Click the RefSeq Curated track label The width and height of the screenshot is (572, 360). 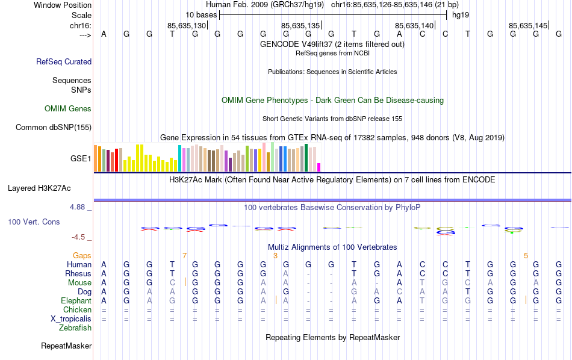click(64, 61)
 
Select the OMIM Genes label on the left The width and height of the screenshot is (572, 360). click(68, 108)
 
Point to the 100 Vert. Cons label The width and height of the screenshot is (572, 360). click(34, 222)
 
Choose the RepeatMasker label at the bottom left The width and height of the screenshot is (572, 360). click(66, 346)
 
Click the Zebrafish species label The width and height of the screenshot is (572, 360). click(75, 328)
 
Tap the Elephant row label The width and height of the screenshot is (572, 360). click(76, 300)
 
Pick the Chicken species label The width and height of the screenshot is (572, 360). click(77, 309)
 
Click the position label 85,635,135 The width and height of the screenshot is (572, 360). click(300, 25)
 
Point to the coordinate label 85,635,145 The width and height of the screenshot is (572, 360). click(528, 25)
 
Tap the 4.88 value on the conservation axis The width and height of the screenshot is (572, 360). click(80, 207)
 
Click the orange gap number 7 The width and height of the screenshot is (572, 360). click(185, 255)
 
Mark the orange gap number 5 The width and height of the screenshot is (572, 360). click(526, 255)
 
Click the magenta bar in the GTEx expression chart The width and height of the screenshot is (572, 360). click(319, 167)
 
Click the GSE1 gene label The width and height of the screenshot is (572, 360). click(81, 159)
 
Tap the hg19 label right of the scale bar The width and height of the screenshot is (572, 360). click(461, 14)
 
